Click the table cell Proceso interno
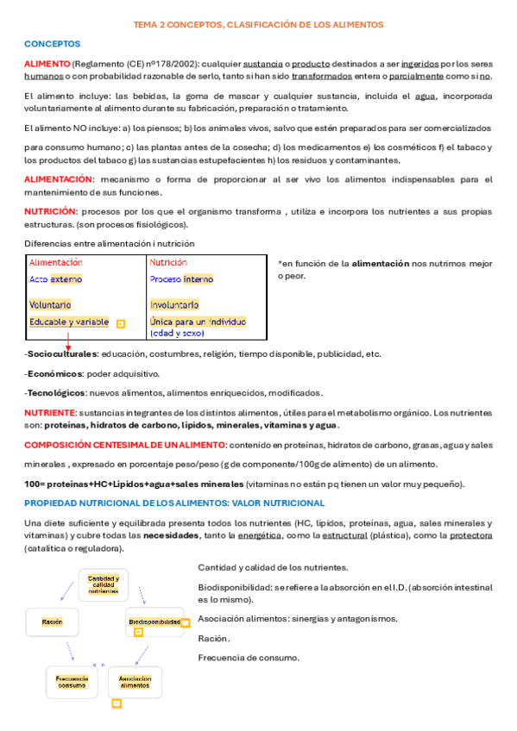point(181,279)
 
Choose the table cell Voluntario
point(50,304)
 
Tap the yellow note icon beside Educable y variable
point(120,323)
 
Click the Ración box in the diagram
point(52,622)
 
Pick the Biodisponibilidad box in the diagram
point(155,622)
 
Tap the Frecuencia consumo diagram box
point(72,682)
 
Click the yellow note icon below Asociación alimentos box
point(117,703)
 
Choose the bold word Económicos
point(54,373)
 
